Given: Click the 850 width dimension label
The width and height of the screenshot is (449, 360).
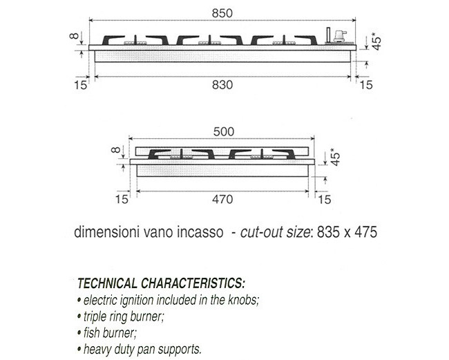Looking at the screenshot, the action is coord(222,13).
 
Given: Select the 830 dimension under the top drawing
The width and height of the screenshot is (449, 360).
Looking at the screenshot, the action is coord(222,85).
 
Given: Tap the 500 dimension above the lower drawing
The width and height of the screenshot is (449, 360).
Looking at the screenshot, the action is coord(224,132).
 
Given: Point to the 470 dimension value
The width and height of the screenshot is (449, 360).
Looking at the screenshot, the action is coord(222,199).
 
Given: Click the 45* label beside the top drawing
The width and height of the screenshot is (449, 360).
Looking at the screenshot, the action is coord(377,40).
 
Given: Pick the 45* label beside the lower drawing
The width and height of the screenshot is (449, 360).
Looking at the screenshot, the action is coord(335,157).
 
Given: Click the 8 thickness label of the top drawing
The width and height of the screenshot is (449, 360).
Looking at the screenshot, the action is coord(74,36).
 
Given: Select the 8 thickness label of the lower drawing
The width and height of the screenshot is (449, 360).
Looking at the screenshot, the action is coord(115,150).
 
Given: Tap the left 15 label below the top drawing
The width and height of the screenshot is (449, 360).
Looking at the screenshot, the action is coord(80,85).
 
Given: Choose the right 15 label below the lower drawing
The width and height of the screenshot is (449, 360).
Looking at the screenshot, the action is coord(325,200).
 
